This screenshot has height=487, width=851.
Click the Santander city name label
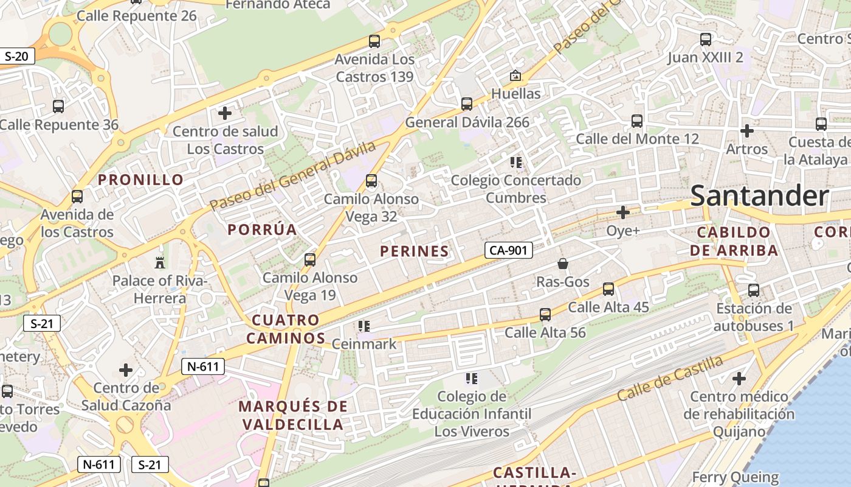point(759,196)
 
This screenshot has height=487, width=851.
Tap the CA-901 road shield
point(508,250)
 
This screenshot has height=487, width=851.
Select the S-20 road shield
point(16,57)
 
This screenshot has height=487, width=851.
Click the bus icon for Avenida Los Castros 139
point(374,41)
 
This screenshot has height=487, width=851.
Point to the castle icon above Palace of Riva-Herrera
point(160,262)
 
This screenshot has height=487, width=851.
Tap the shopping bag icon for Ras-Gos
point(563,264)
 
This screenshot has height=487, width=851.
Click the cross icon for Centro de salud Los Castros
point(225,113)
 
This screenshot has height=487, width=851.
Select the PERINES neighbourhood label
point(415,251)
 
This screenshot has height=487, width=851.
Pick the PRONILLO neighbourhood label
point(141,180)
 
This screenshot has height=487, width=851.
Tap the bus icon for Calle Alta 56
point(545,315)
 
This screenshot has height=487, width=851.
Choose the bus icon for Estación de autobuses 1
point(754,290)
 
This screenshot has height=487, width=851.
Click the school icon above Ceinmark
point(364,326)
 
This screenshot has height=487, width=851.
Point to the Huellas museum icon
point(515,75)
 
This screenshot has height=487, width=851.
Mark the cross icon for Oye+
point(623,212)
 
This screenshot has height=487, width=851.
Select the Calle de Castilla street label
point(670,377)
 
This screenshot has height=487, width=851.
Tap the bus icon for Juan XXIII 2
point(706,40)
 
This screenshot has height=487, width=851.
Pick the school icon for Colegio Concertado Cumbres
point(516,163)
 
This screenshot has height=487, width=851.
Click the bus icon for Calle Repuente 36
point(58,107)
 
